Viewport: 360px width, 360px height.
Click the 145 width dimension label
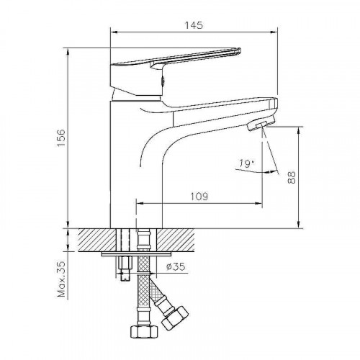click(x=194, y=25)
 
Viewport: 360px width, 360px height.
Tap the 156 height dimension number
click(x=61, y=138)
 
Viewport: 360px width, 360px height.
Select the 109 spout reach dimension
click(x=199, y=197)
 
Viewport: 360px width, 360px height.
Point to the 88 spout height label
click(x=292, y=177)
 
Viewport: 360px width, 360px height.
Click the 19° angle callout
click(x=246, y=163)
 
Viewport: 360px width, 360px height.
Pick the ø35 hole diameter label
click(x=176, y=266)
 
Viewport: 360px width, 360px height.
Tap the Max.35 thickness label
click(x=61, y=279)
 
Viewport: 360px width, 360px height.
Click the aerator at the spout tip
click(x=261, y=123)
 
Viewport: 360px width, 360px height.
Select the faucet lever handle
click(x=176, y=58)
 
